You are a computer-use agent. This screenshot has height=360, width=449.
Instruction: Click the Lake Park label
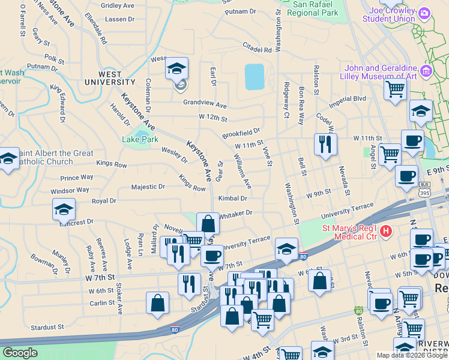[140, 139]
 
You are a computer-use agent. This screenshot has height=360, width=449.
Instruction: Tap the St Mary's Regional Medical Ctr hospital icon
[386, 230]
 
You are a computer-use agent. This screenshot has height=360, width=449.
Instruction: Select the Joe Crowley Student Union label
[393, 14]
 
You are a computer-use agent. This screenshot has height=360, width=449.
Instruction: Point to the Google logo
[20, 353]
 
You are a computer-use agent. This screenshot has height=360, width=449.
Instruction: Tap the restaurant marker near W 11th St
[325, 144]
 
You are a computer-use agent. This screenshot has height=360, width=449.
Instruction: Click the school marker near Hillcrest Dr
[64, 209]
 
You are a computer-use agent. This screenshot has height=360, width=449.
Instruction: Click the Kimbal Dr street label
[233, 198]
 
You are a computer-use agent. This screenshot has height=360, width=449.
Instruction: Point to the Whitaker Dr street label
[236, 213]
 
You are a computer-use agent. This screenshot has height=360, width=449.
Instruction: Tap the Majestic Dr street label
[148, 187]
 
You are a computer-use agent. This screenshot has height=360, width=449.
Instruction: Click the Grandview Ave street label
[205, 103]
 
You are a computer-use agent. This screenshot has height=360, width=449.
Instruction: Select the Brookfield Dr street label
[241, 131]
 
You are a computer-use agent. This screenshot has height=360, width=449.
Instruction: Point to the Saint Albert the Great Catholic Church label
[54, 157]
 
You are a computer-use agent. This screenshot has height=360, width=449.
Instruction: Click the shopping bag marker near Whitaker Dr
[208, 224]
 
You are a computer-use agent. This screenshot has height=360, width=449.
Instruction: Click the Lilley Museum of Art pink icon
[427, 72]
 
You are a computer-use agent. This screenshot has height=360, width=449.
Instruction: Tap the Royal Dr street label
[104, 201]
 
